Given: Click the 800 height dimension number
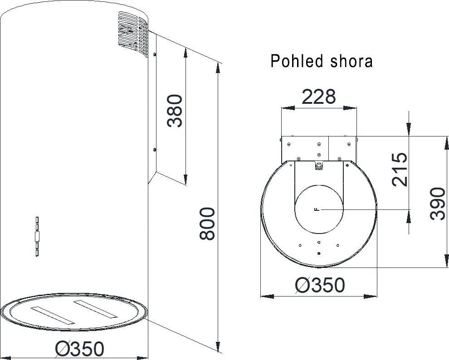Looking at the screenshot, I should click(207, 224).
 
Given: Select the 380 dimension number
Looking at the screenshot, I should click(174, 111).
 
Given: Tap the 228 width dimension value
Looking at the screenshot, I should click(319, 97).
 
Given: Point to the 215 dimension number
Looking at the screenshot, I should click(400, 170).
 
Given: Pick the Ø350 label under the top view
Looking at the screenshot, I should click(320, 285).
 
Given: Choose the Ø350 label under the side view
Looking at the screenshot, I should click(79, 349).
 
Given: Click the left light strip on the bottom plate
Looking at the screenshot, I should click(52, 315).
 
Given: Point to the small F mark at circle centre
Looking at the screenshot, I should click(316, 209).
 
